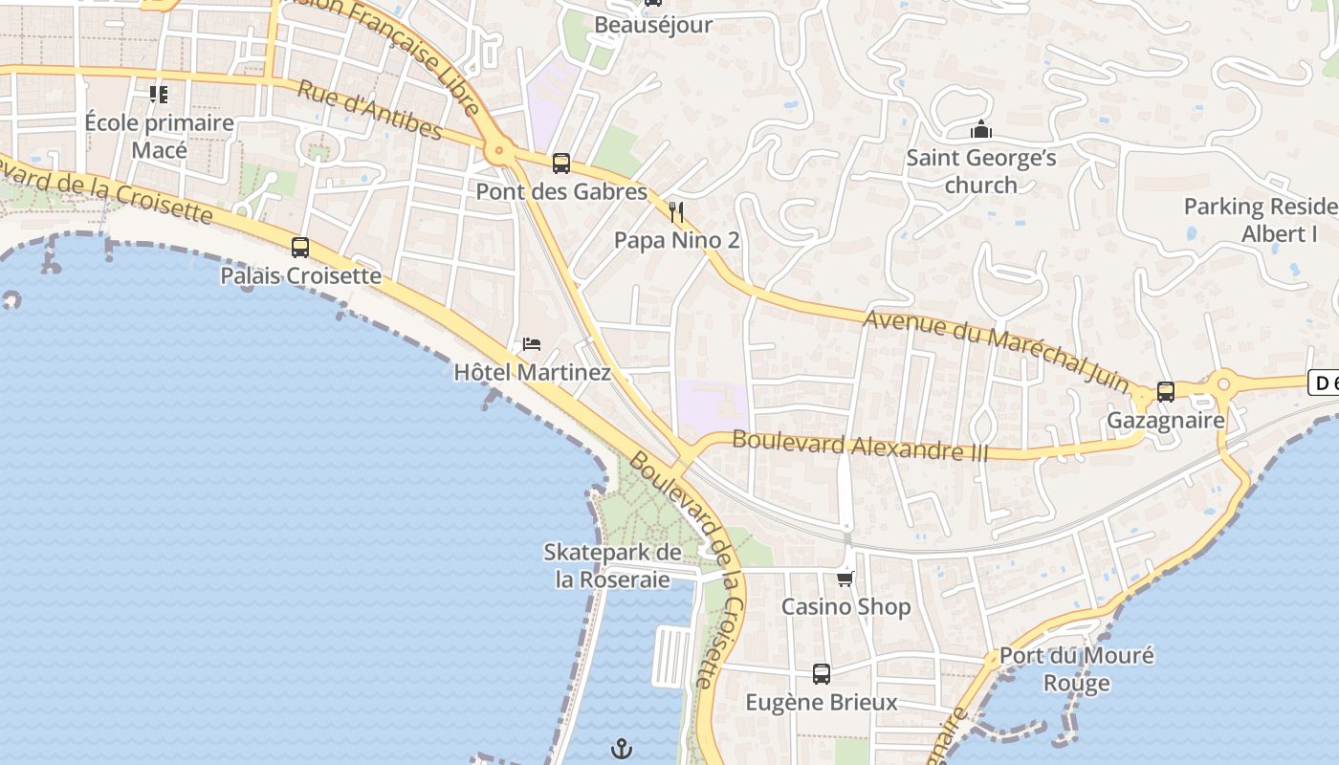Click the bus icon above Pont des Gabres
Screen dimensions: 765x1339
click(x=561, y=164)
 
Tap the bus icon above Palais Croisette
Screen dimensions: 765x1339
click(x=300, y=248)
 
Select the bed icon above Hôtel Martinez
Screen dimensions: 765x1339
click(x=532, y=344)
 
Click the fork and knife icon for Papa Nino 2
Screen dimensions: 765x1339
click(x=677, y=211)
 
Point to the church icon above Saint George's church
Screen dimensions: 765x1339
click(x=980, y=129)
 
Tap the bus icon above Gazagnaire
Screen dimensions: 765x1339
click(x=1166, y=391)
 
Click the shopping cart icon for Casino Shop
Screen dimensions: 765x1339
click(x=845, y=579)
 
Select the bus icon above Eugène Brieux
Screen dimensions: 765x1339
click(x=822, y=673)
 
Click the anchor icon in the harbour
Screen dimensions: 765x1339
click(x=623, y=748)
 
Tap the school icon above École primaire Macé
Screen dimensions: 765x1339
click(x=159, y=95)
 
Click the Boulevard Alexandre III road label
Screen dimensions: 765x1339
click(x=860, y=447)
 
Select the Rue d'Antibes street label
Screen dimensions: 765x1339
click(x=369, y=111)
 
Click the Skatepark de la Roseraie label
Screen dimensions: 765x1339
click(x=612, y=565)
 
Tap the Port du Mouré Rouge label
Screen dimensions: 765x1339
click(x=1077, y=669)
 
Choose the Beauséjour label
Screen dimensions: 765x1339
click(x=653, y=25)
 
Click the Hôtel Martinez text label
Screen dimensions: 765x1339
click(x=532, y=372)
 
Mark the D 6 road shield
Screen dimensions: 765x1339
click(x=1324, y=383)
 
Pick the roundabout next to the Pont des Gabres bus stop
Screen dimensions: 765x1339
click(x=497, y=150)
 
